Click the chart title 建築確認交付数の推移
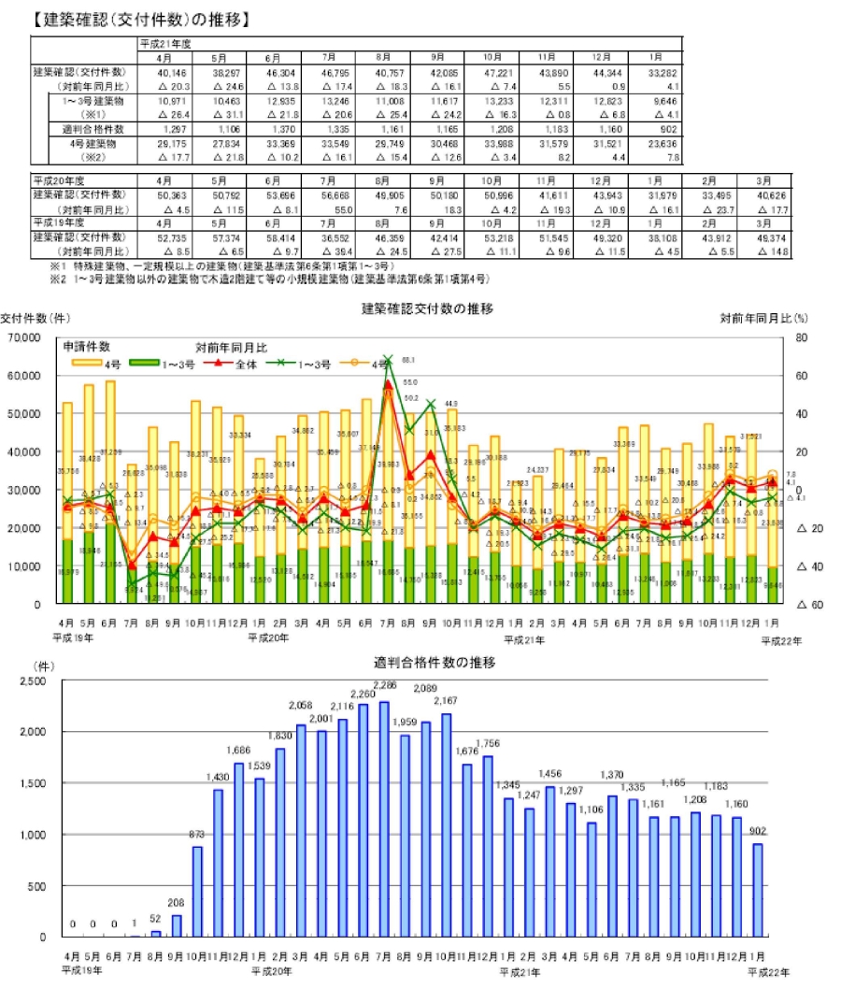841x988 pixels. click(426, 308)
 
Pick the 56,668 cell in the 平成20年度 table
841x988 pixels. click(338, 193)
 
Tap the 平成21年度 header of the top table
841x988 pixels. click(164, 44)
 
